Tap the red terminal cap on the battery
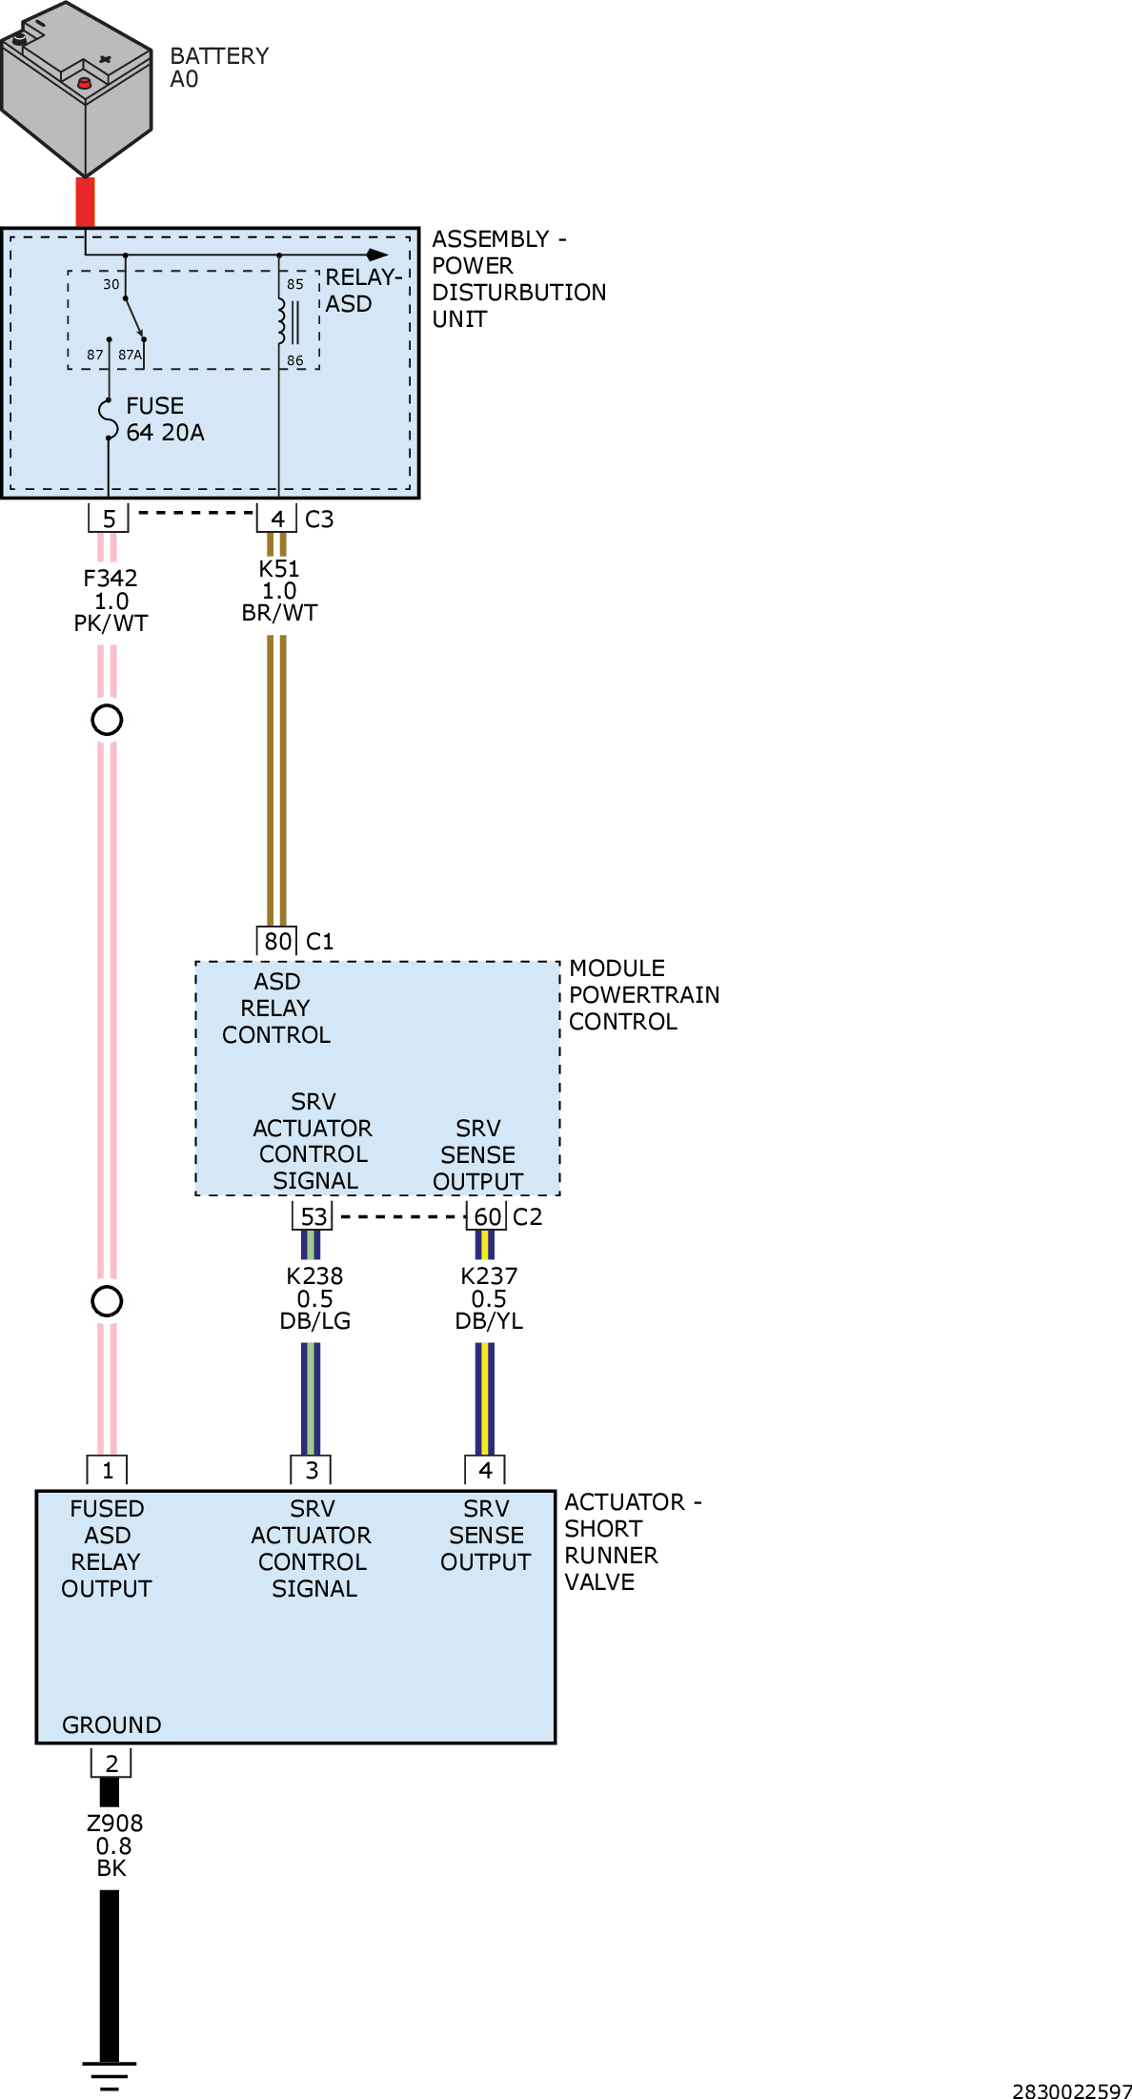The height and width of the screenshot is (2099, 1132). click(x=84, y=83)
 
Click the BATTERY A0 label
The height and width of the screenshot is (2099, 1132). click(x=219, y=68)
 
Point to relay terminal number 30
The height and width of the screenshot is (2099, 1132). click(x=111, y=284)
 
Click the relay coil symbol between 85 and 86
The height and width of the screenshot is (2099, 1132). click(x=281, y=321)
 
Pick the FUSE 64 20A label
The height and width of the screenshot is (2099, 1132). click(x=165, y=419)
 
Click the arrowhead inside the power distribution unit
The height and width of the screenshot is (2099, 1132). click(x=378, y=255)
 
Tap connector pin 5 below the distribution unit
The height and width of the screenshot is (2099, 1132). click(x=109, y=519)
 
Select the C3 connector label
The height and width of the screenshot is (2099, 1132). click(x=319, y=520)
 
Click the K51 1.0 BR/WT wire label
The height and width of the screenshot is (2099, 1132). click(x=279, y=591)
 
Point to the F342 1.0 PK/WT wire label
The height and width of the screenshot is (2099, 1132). click(x=111, y=601)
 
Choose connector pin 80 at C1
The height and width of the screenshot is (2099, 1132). click(x=277, y=941)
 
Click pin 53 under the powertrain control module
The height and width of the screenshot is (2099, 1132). click(x=313, y=1216)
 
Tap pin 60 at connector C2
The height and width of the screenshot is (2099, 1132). click(x=487, y=1216)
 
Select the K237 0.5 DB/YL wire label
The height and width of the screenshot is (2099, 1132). click(x=489, y=1298)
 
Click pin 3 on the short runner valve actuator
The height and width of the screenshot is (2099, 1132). click(x=312, y=1471)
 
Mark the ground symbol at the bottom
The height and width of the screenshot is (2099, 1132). click(x=110, y=2076)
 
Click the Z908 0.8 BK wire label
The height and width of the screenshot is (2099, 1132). click(x=113, y=1845)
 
